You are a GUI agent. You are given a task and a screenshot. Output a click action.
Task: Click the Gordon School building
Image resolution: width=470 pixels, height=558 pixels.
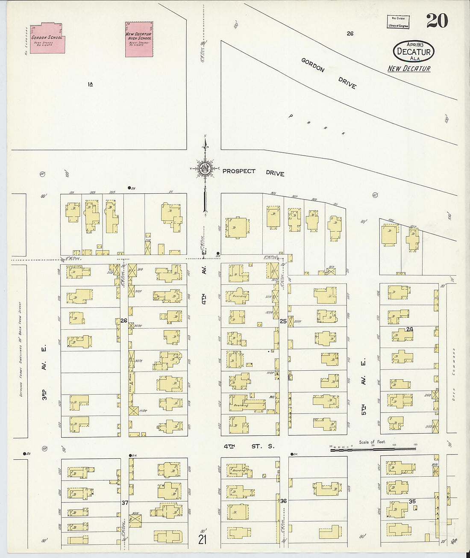47,38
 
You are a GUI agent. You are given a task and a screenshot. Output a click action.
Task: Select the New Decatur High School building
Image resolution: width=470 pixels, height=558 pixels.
138,39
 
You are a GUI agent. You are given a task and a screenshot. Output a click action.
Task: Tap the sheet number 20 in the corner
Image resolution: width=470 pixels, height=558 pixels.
437,21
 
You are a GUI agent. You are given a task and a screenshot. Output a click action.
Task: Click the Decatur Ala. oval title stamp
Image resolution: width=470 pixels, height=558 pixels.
413,51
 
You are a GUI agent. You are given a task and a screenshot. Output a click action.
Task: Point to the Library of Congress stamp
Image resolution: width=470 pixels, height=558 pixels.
398,22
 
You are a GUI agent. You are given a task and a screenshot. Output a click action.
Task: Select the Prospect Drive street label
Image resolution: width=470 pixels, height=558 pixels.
253,172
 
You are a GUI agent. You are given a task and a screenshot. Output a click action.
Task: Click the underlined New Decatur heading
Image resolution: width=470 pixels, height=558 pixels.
409,68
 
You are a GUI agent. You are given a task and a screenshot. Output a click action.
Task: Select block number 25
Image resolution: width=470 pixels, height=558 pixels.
283,321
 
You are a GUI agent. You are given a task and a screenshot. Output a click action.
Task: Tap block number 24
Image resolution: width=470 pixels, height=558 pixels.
410,329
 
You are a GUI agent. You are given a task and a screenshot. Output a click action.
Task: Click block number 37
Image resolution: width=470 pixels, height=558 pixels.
125,502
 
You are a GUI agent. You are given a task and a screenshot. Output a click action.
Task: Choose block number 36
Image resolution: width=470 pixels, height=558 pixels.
283,501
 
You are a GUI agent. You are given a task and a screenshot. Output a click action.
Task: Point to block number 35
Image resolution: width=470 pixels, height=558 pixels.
412,501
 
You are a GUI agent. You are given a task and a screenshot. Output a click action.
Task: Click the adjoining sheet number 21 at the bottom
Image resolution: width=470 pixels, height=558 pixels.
202,540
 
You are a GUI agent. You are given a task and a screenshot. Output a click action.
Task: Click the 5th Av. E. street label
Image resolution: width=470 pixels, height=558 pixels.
364,391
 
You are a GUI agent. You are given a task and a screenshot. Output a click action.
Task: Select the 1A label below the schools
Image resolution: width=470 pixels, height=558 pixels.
90,85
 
